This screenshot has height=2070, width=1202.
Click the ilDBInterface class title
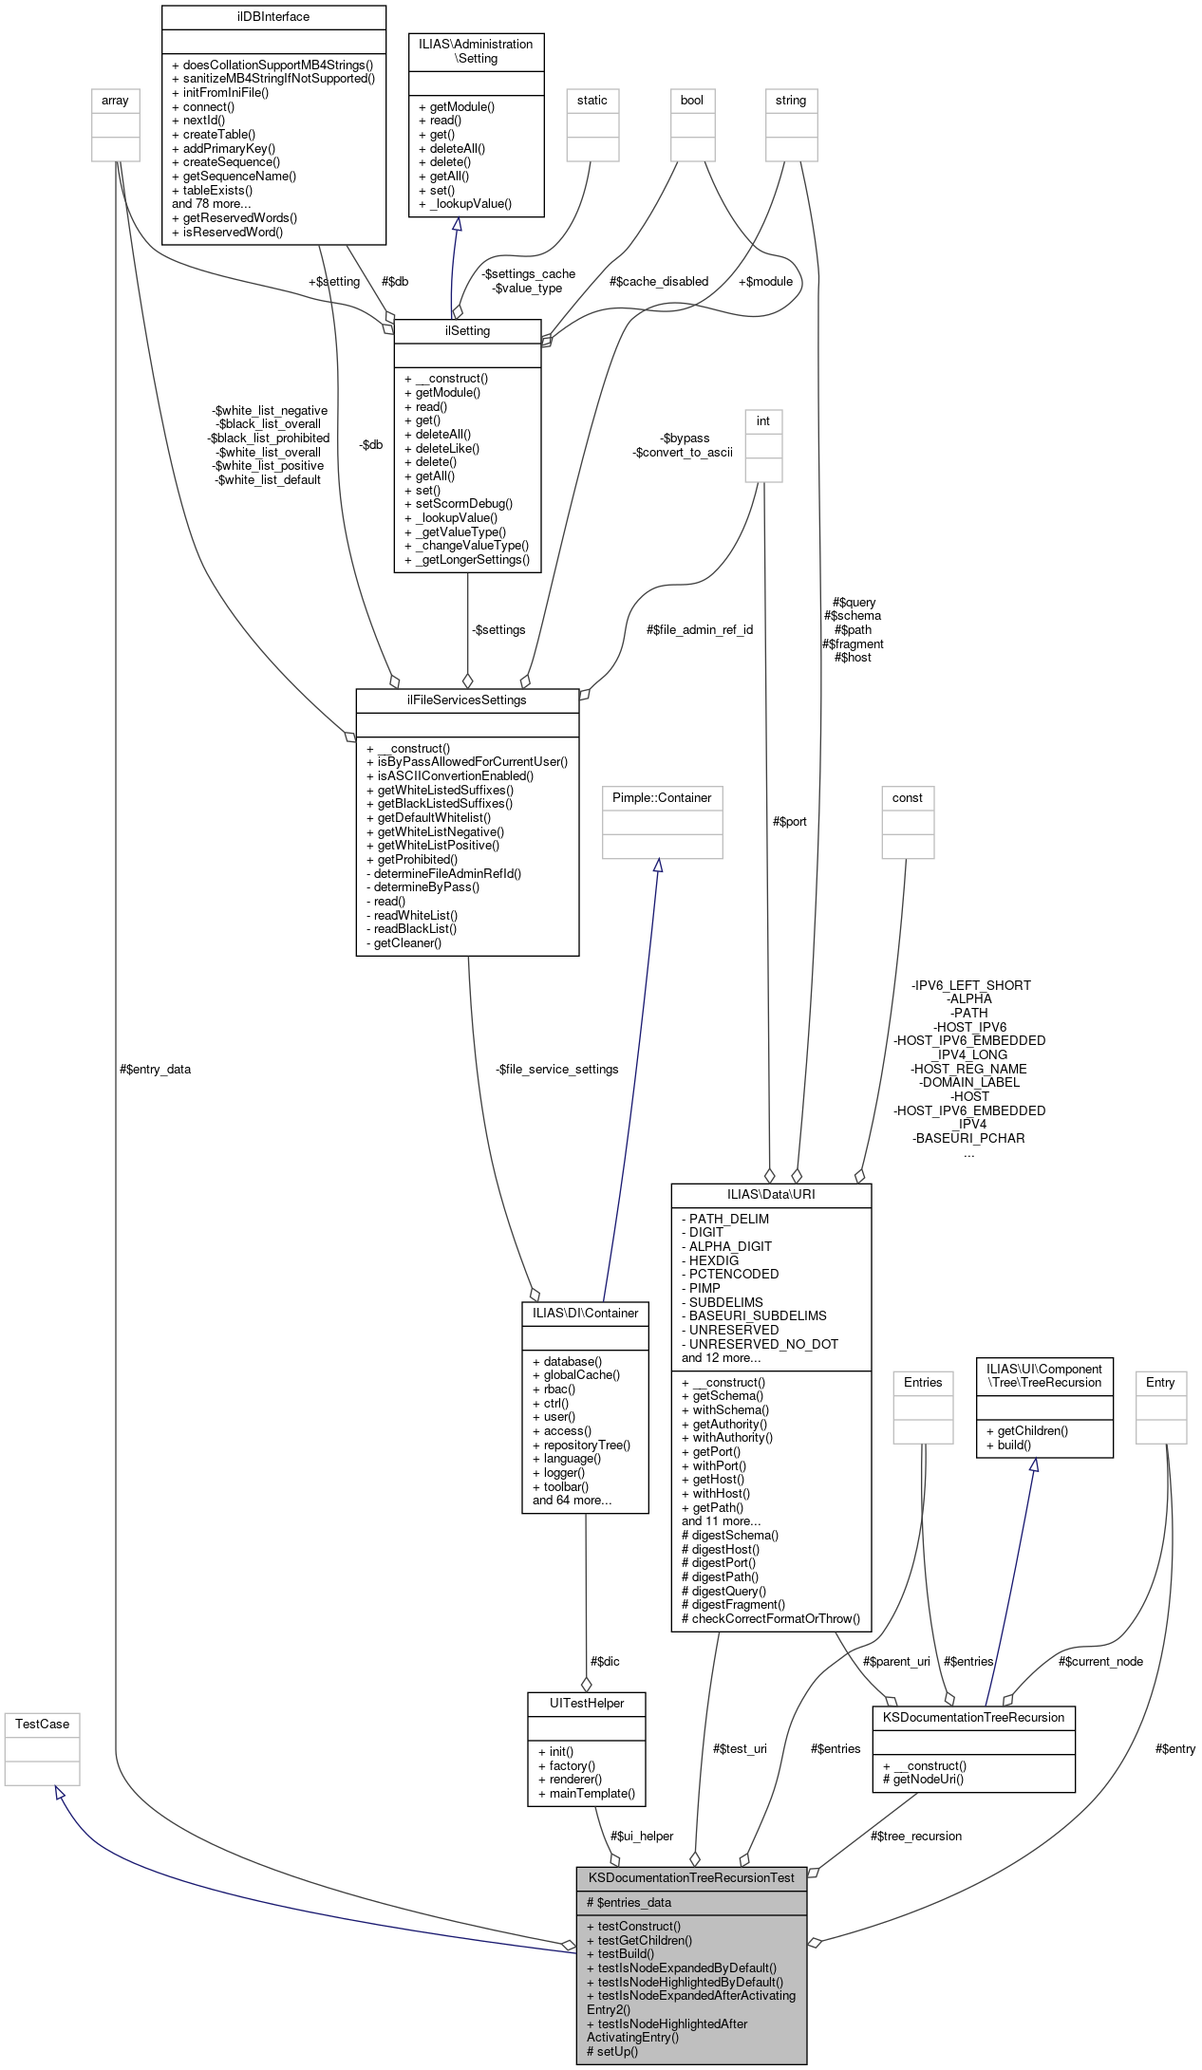tap(273, 17)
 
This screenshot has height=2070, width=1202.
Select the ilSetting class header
tap(467, 330)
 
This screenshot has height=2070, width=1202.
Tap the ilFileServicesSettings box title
tap(466, 699)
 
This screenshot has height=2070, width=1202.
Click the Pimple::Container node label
tap(662, 797)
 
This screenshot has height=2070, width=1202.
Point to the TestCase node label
tap(42, 1724)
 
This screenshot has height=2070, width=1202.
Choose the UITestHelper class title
tap(587, 1703)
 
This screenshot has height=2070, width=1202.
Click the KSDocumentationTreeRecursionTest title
tap(691, 1877)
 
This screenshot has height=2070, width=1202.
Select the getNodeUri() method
tap(928, 1779)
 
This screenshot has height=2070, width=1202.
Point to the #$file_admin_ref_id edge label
tap(700, 629)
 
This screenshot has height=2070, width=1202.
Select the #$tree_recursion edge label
tap(915, 1836)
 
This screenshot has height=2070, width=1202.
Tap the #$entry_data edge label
tap(155, 1069)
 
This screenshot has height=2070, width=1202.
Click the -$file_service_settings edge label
tap(556, 1069)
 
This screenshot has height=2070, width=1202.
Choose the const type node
tap(907, 797)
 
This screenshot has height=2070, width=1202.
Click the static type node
tap(592, 100)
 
